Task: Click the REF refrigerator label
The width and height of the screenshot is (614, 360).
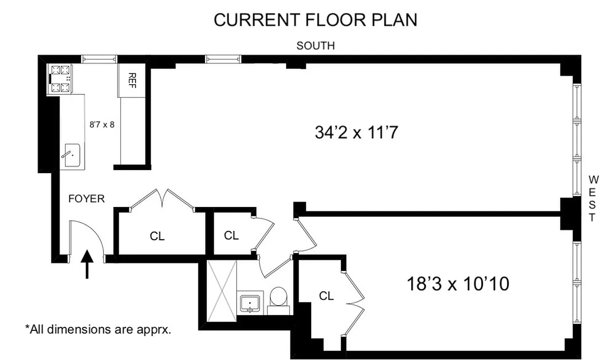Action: pos(132,80)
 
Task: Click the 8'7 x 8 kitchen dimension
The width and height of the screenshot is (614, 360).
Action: pos(102,124)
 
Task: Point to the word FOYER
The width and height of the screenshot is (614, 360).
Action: pos(86,198)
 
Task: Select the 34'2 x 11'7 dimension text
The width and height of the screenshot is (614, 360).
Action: pos(357,133)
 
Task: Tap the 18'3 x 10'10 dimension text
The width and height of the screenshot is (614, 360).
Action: pos(457,284)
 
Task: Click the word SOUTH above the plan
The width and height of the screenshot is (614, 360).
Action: pos(315,45)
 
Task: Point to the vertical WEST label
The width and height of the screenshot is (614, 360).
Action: pos(593,198)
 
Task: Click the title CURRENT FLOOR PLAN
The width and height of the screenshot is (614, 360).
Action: pos(315,20)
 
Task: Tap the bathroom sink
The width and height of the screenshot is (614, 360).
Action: pos(249,303)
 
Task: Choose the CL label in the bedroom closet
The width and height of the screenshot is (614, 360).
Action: pos(326,296)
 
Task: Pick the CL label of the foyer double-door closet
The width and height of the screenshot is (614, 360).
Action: pos(157,236)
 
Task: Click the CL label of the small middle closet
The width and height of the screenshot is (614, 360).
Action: pos(231,235)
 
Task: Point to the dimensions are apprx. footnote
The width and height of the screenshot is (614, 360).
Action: pos(98,329)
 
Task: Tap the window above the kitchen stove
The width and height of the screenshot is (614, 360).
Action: pos(99,59)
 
